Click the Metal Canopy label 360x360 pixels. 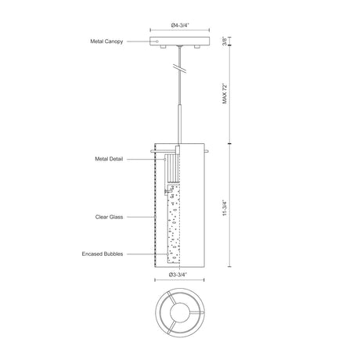point(106,41)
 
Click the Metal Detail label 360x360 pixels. point(109,159)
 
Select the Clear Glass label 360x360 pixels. point(109,217)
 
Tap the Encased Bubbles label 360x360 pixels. point(103,254)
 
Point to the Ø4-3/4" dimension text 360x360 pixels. point(180,25)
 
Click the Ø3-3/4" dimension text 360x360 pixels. point(178,275)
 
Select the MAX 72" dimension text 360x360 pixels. point(225,94)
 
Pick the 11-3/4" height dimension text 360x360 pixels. point(225,207)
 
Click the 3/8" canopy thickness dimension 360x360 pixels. point(225,41)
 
